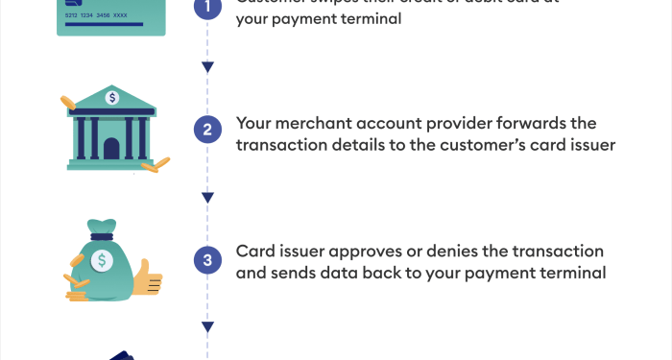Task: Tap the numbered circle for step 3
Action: [207, 261]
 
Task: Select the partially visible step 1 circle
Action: [207, 8]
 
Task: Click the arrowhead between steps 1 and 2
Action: [207, 67]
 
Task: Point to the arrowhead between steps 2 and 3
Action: [207, 198]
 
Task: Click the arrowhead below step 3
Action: [207, 326]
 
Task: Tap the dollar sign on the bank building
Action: [113, 97]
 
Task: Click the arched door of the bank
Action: [112, 149]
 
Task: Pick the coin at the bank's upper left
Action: [67, 101]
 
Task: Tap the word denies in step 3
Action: [465, 252]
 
